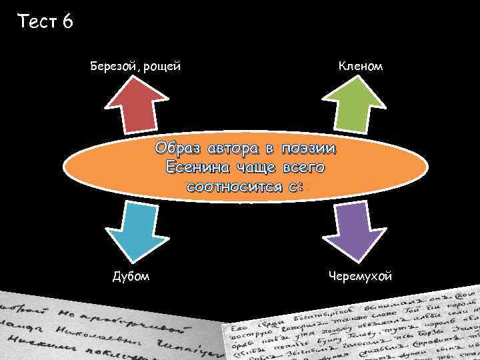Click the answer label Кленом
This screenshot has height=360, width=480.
click(361, 67)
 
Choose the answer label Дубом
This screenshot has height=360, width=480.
click(130, 275)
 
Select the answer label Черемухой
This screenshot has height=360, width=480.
click(360, 275)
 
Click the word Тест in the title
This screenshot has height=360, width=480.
click(37, 22)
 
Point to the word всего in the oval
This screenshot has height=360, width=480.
click(304, 167)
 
